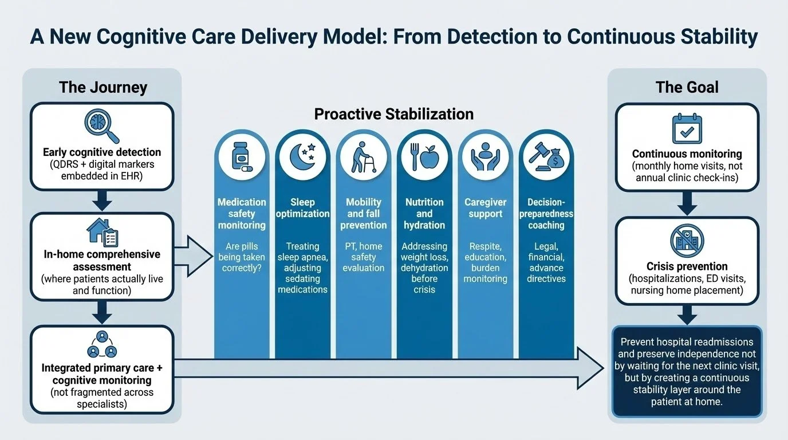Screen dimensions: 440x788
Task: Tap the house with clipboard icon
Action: click(102, 232)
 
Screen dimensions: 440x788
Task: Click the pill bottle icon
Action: click(241, 156)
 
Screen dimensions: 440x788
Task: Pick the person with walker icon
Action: click(363, 156)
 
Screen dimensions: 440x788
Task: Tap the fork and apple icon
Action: click(424, 156)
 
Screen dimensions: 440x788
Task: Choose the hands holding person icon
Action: click(485, 156)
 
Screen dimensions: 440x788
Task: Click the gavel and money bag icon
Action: click(546, 156)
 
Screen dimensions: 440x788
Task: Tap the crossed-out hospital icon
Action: click(687, 241)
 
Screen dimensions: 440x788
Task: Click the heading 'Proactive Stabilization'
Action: click(394, 114)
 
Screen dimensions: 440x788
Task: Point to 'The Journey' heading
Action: click(103, 88)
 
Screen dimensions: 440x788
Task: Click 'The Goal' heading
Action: click(687, 88)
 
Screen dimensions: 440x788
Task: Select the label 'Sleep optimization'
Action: click(302, 208)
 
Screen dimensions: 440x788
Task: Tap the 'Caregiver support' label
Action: click(485, 208)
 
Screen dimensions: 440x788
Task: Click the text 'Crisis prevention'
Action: click(687, 266)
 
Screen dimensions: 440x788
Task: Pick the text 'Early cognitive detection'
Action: click(102, 152)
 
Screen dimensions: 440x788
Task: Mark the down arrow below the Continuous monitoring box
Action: click(687, 204)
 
